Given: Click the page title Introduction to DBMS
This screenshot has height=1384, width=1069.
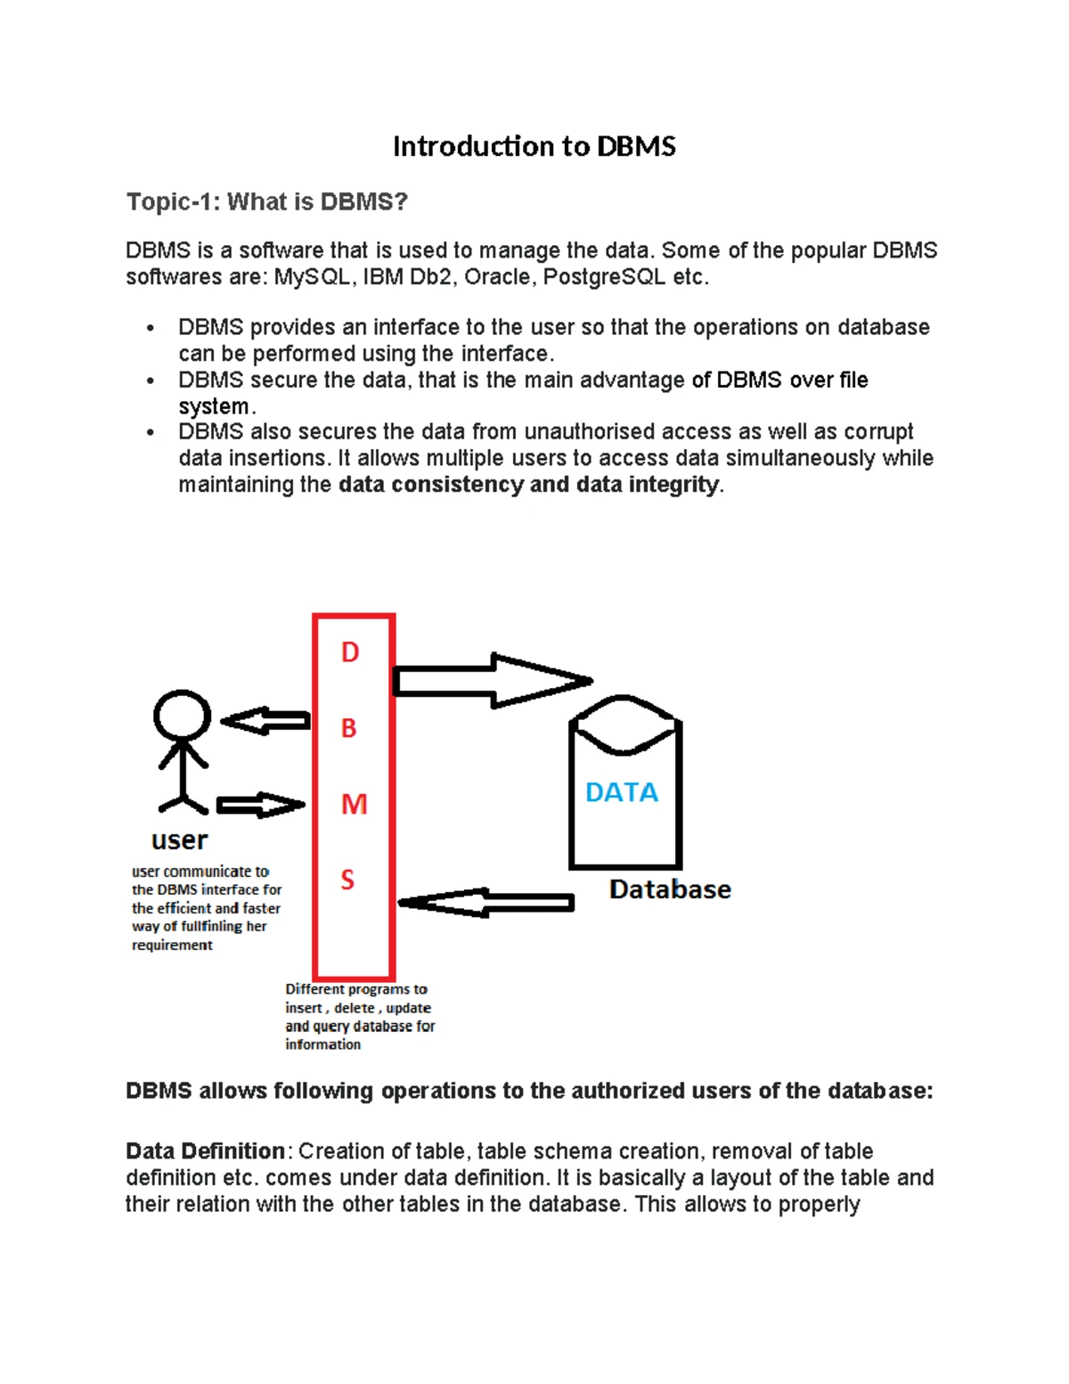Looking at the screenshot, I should click(534, 146).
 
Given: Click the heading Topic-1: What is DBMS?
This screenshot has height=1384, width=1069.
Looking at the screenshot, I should click(266, 202).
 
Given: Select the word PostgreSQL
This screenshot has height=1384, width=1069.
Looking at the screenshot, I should click(603, 277).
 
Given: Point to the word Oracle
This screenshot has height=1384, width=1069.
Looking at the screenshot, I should click(497, 277).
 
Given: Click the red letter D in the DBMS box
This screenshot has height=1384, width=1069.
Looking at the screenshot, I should click(350, 652).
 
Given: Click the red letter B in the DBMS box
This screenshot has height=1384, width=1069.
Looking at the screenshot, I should click(349, 728).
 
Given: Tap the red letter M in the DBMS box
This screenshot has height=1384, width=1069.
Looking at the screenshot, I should click(354, 805).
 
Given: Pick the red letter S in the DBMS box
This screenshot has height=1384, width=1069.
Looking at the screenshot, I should click(347, 880).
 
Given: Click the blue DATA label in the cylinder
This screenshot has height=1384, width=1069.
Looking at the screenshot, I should click(621, 792).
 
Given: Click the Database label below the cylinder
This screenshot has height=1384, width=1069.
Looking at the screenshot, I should click(670, 889).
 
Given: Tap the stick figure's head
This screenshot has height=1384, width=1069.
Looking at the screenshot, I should click(182, 715).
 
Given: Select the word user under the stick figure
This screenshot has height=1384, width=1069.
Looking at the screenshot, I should click(179, 840).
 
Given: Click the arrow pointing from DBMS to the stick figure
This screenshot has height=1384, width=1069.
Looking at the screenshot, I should click(265, 721).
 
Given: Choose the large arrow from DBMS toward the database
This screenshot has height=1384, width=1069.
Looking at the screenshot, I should click(490, 682).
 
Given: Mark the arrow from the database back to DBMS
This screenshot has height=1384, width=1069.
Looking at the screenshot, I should click(486, 903).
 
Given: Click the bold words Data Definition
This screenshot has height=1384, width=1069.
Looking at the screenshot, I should click(205, 1151).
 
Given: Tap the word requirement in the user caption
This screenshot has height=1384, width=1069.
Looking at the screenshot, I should click(172, 946).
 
